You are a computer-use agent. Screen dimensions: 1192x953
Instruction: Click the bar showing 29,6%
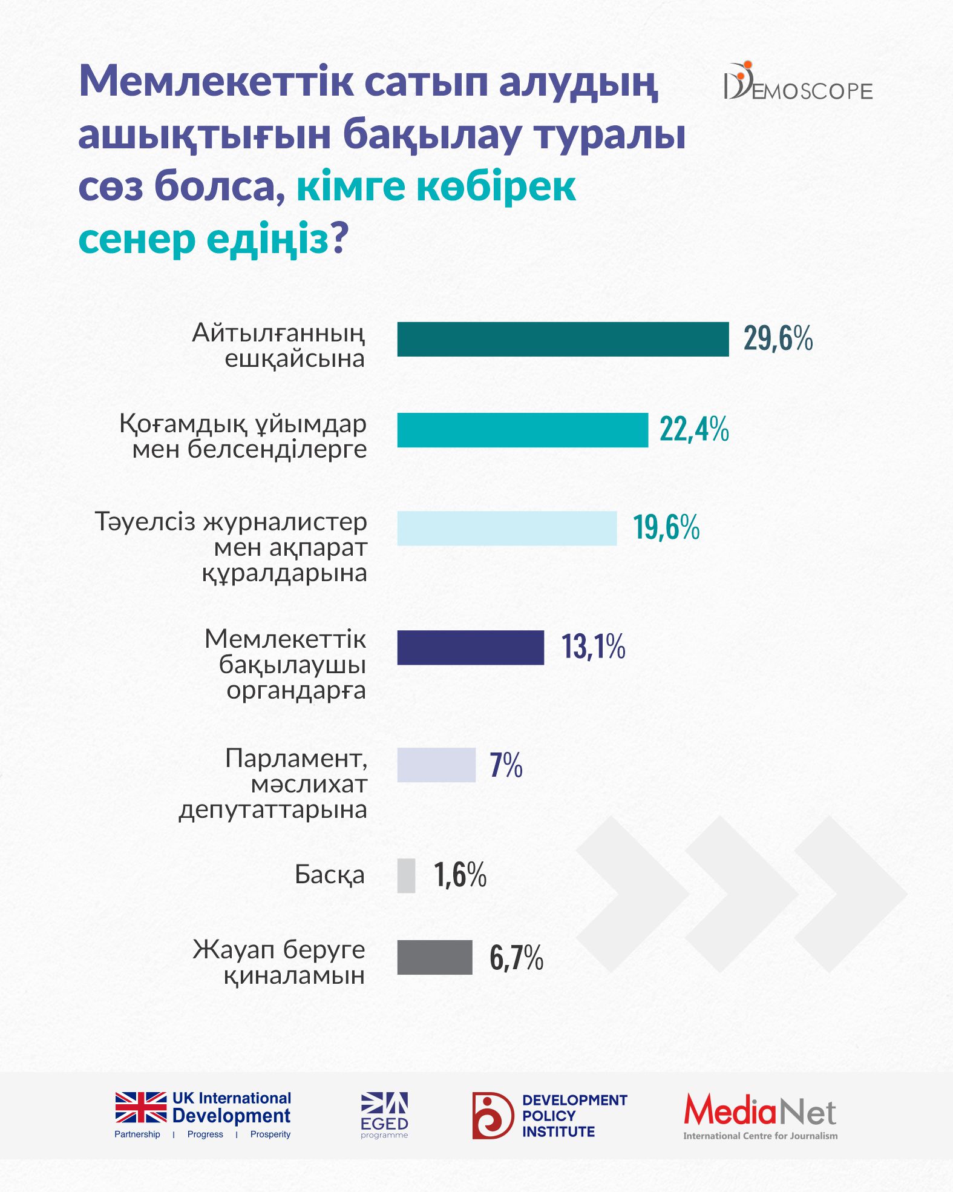click(x=563, y=339)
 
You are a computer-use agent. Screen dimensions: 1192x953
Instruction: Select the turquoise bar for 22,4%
click(x=522, y=430)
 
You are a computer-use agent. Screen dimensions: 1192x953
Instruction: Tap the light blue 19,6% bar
click(x=506, y=528)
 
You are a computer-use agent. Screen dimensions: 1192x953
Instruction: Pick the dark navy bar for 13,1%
click(x=470, y=647)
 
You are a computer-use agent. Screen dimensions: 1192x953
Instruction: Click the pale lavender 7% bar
click(x=436, y=765)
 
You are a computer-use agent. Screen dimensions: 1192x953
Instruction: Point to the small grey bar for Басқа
click(x=406, y=875)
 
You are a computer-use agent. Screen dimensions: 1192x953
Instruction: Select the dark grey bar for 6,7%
click(x=434, y=957)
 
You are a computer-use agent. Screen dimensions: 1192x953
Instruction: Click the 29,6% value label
click(x=778, y=338)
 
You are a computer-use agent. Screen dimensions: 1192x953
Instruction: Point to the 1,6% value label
click(x=460, y=875)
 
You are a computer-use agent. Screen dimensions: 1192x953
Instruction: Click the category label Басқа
click(x=330, y=875)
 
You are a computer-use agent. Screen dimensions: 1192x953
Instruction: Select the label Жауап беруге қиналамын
click(x=279, y=962)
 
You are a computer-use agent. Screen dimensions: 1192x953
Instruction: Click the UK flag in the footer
click(x=141, y=1107)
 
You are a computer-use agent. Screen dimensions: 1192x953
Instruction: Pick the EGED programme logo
click(x=384, y=1115)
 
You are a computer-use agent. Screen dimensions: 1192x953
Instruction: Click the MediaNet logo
click(x=760, y=1116)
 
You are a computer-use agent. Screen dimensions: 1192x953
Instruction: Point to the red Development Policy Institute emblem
click(x=493, y=1115)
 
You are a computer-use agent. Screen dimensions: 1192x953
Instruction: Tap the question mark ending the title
click(x=340, y=239)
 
